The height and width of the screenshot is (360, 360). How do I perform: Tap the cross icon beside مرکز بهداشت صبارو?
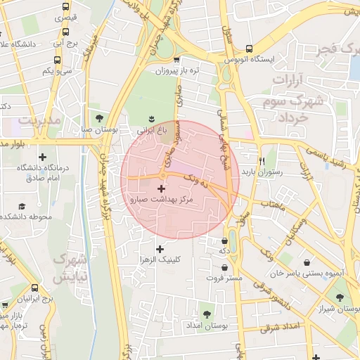[x=162, y=188]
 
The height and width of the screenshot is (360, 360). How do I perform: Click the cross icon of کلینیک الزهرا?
[x=160, y=249]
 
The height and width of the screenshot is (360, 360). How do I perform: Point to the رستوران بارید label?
[x=262, y=171]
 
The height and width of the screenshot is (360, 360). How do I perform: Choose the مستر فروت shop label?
[x=224, y=278]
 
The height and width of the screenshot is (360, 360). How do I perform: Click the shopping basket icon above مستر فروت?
[x=224, y=267]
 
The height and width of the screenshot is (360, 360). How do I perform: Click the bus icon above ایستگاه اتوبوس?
[x=249, y=49]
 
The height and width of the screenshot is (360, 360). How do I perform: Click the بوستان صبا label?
[x=96, y=129]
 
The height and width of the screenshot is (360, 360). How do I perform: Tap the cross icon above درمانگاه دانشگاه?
[x=43, y=157]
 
